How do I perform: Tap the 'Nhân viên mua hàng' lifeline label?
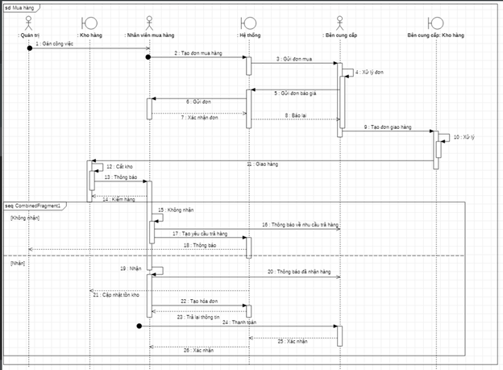tap(150, 36)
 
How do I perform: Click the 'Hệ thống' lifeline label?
tap(249, 36)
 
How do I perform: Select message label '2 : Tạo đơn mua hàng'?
tap(198, 53)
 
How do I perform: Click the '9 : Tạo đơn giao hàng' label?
tap(388, 127)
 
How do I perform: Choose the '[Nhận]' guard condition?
tap(18, 263)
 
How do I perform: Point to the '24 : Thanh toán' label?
tap(236, 321)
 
